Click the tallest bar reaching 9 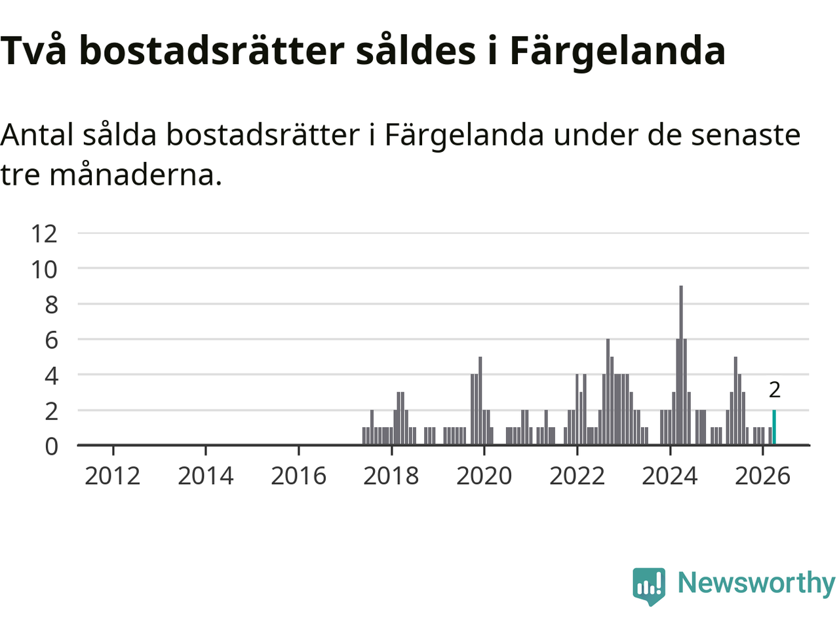681,365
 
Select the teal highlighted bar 774,427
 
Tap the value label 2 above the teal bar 774,390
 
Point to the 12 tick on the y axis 44,234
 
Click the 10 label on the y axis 44,269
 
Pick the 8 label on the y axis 51,305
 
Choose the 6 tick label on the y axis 51,340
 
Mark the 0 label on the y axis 51,446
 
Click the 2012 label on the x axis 112,476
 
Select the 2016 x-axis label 298,476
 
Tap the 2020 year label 484,476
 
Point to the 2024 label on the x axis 670,476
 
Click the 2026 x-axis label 762,476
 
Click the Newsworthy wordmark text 756,582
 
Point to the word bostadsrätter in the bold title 212,50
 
